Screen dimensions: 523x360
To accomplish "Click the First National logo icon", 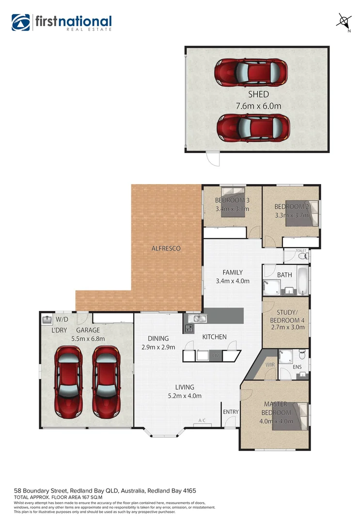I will click(21, 22).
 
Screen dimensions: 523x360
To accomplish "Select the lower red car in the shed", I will click(253, 128).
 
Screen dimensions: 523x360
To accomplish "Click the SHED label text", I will click(258, 94).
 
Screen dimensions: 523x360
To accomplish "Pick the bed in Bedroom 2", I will click(302, 214).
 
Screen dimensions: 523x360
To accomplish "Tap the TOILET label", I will click(301, 251).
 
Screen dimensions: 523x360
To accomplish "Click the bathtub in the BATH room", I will click(302, 280).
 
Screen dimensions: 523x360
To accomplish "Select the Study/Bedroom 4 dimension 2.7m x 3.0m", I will click(290, 327).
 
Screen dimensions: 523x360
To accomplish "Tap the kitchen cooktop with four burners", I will click(188, 328).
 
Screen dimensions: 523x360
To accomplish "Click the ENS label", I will click(297, 367).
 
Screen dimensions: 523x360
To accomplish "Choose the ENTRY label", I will click(231, 412).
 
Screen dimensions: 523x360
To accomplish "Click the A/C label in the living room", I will click(202, 421).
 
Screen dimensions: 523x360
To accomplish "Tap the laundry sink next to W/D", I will click(47, 320).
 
